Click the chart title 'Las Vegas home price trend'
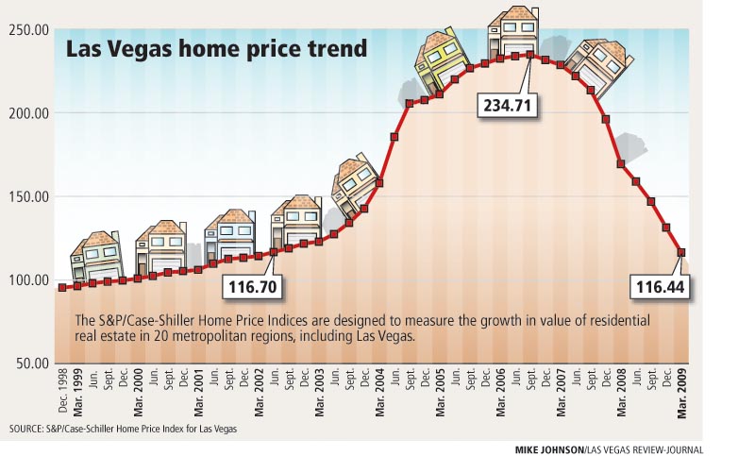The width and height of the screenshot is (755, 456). coord(216,49)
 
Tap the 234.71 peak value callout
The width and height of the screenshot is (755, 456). coord(507,104)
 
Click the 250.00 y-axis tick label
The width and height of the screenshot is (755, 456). coord(29,30)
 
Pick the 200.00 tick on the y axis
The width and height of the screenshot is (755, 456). coord(29,113)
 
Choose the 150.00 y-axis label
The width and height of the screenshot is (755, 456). coord(29,196)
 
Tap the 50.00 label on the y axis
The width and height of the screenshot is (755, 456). coord(32,363)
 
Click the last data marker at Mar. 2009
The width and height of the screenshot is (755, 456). coord(681,252)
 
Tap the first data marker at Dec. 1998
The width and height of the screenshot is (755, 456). coord(62,288)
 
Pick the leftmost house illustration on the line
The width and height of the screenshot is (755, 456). coord(95,256)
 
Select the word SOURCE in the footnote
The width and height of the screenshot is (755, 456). coord(28,430)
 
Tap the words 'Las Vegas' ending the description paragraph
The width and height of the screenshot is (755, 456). coord(385,336)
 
